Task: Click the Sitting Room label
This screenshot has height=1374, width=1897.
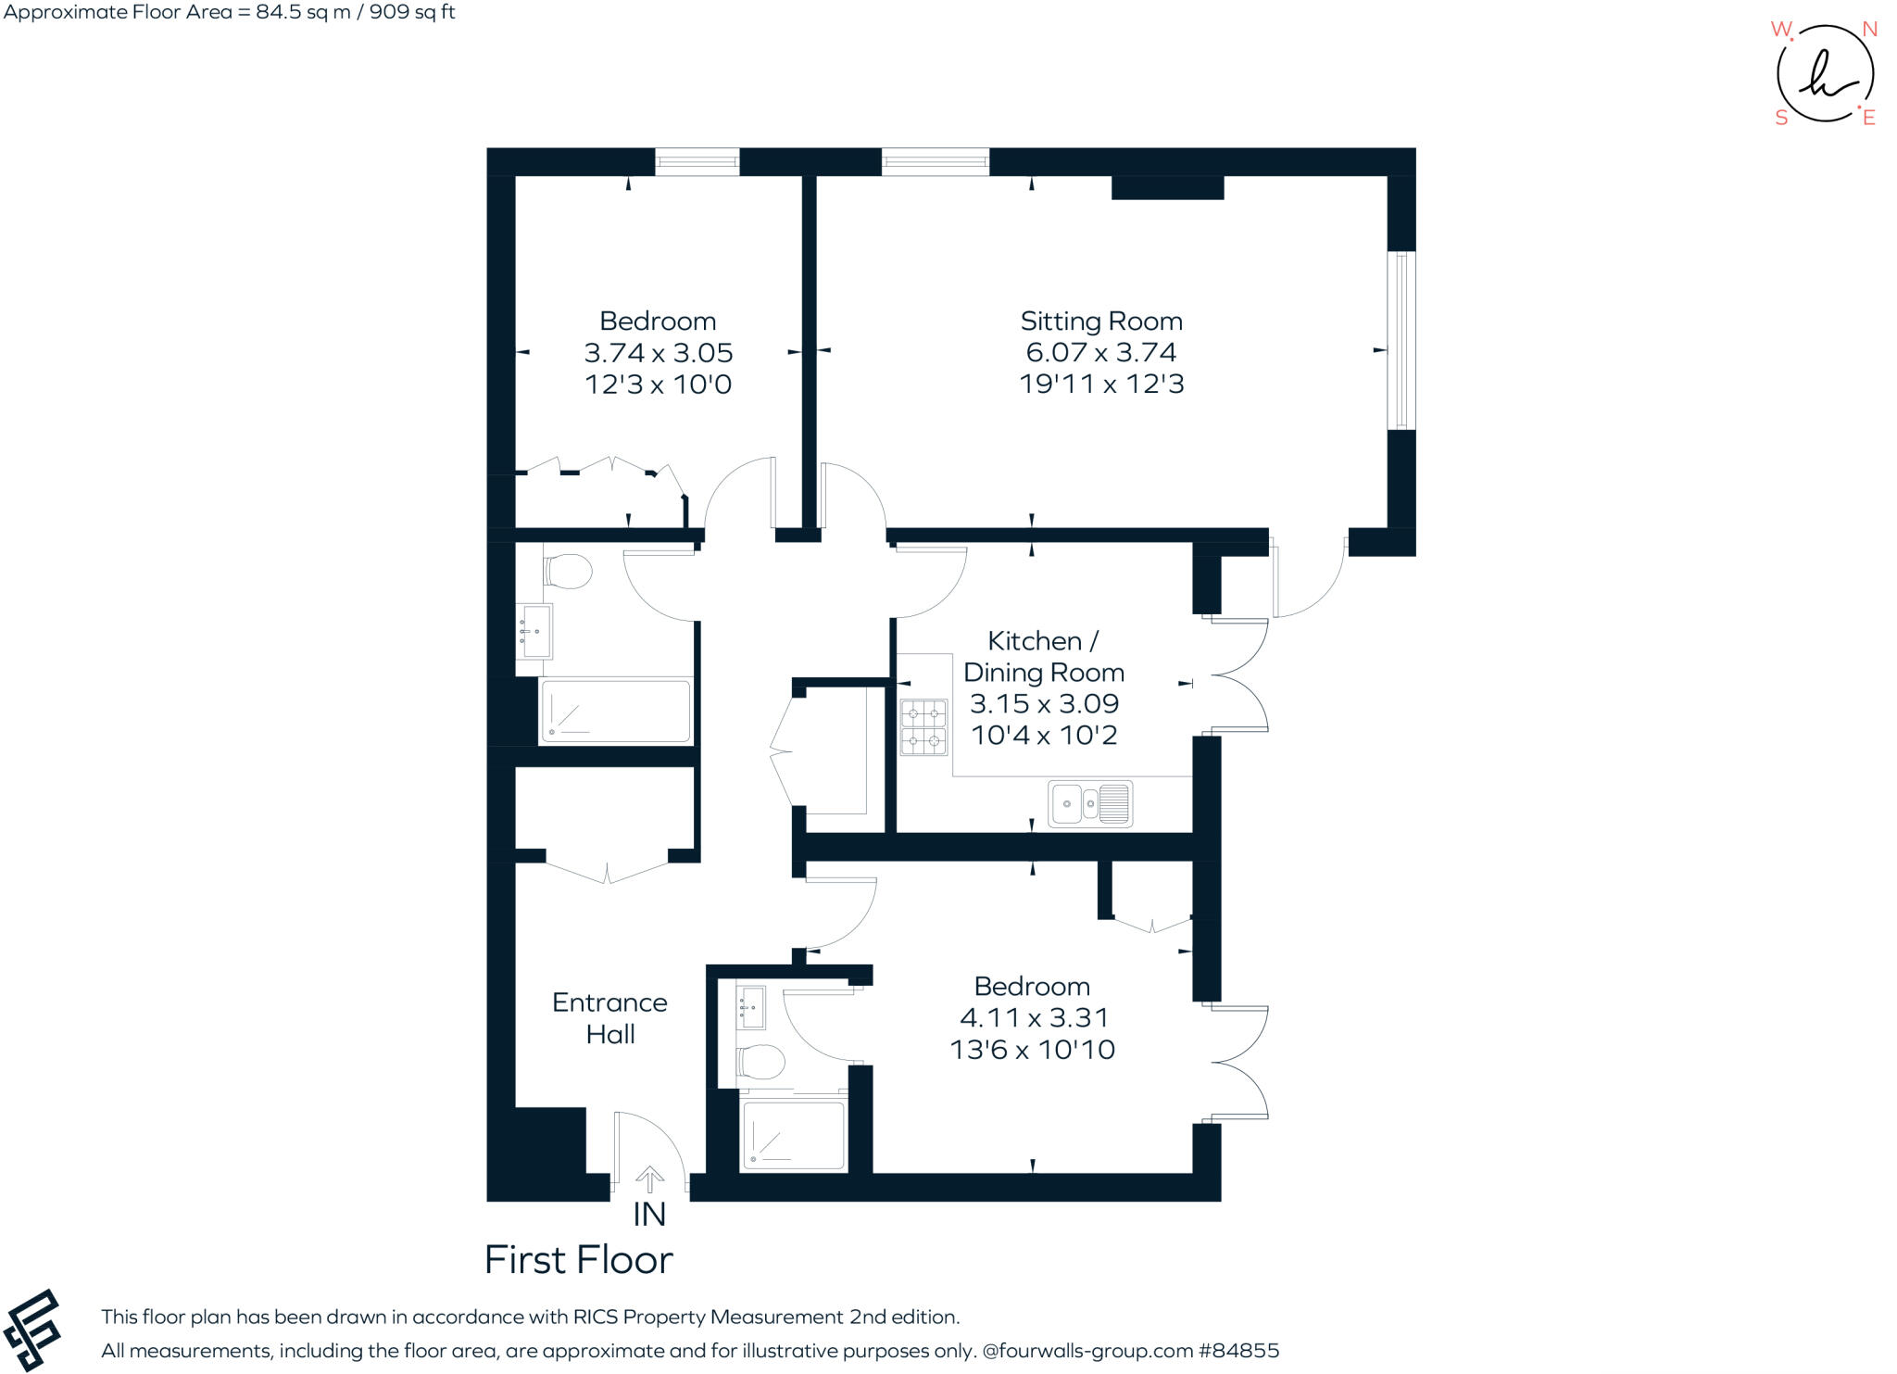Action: (1100, 321)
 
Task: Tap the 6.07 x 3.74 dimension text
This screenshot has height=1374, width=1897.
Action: (1100, 353)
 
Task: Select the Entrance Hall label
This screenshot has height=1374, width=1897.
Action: (609, 1018)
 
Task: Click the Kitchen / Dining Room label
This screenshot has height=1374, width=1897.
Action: (1043, 657)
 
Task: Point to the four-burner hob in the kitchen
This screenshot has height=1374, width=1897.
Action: (923, 727)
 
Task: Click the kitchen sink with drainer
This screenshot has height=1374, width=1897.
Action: (1090, 803)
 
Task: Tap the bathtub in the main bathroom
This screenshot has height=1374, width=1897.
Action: (615, 711)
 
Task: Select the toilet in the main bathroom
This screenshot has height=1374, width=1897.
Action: (567, 572)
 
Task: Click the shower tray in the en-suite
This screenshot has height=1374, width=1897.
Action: (794, 1135)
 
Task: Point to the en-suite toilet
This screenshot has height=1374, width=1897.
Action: (760, 1061)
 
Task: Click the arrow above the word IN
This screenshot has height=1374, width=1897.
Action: (649, 1179)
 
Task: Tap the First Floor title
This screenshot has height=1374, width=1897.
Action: (579, 1260)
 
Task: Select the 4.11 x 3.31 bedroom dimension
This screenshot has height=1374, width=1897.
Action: (1034, 1018)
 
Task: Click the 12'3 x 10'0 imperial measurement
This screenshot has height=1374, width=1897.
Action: (658, 384)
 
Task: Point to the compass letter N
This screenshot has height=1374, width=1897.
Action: (1869, 30)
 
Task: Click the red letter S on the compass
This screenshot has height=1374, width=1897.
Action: (1780, 118)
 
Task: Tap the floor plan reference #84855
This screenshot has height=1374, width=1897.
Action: (1238, 1351)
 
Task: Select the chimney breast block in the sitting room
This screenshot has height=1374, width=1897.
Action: (1167, 187)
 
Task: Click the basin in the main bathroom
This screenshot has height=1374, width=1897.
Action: (534, 631)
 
